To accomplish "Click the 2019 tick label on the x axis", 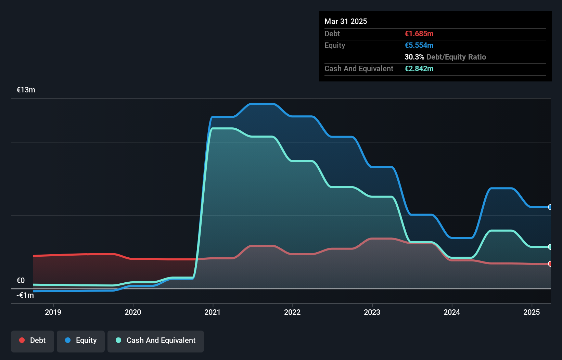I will pos(53,312).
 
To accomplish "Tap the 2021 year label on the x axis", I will pos(213,312).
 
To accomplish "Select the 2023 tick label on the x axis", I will pos(372,312).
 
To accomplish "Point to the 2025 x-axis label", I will pos(532,312).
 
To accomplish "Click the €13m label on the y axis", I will pos(26,90).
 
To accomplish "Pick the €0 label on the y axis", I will pos(21,281).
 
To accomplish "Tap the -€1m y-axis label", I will pos(25,295).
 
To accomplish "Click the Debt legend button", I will pos(33,340).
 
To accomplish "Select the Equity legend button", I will pos(81,340).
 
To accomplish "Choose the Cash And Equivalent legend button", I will pos(156,340).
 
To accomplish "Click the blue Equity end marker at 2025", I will pos(550,207).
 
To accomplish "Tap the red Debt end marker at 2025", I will pos(550,264).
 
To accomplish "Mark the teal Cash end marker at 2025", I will pos(550,247).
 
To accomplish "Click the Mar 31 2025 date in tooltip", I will pos(346,22).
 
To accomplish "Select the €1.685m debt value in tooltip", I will pos(419,34).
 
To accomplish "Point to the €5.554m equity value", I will pos(419,46).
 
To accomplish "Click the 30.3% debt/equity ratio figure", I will pos(414,57).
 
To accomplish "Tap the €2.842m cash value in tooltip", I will pos(419,69).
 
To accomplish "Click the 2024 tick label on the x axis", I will pos(452,312).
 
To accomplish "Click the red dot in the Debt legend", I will pos(22,340).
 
